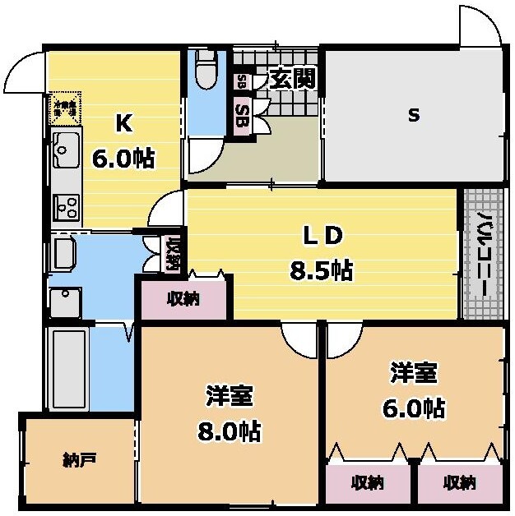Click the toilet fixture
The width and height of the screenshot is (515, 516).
[x=206, y=69]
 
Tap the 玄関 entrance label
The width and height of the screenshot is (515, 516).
[x=288, y=80]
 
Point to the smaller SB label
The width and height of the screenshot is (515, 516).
[x=240, y=82]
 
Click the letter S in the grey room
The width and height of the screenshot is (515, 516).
[x=414, y=115]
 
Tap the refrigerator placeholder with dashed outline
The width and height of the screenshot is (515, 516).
[x=64, y=107]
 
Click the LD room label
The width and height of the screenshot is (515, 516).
[x=322, y=235]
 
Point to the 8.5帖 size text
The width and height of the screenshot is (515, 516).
[x=322, y=270]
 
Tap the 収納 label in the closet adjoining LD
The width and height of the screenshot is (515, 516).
[x=183, y=299]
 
